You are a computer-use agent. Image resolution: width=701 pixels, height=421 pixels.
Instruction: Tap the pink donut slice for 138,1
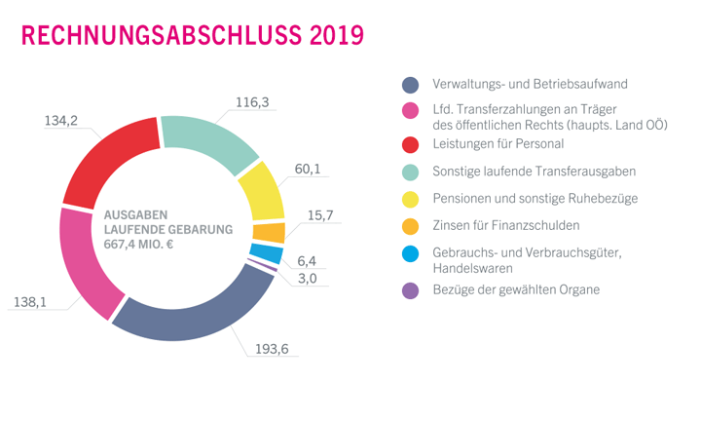(x=83, y=262)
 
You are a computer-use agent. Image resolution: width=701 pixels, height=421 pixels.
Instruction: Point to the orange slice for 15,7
(x=270, y=232)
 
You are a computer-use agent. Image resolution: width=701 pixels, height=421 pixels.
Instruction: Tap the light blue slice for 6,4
(x=272, y=254)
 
